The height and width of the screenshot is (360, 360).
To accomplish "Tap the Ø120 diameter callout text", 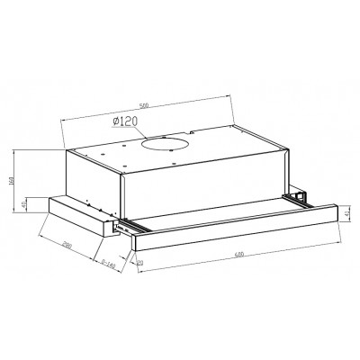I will (125, 121).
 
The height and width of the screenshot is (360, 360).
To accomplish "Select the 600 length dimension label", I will (238, 254).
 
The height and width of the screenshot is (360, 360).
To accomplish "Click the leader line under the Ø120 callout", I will (126, 130).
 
